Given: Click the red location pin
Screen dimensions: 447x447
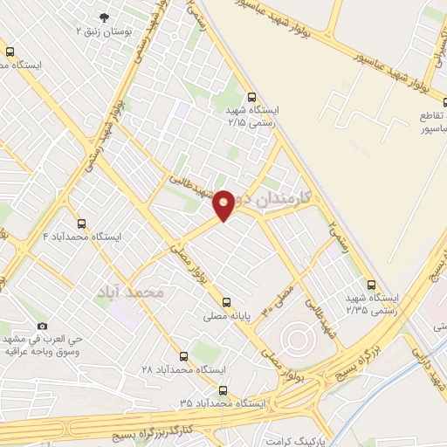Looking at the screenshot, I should [x=224, y=203].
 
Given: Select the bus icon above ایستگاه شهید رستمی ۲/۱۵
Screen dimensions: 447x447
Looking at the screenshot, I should [x=252, y=98].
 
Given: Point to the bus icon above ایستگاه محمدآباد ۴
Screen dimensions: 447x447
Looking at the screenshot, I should [x=82, y=223].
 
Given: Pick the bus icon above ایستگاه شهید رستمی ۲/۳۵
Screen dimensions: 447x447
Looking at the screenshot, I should [x=372, y=285].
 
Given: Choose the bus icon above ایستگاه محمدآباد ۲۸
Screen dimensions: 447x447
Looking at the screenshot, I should [x=183, y=356].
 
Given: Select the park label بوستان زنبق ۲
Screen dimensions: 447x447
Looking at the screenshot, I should [x=104, y=31].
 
